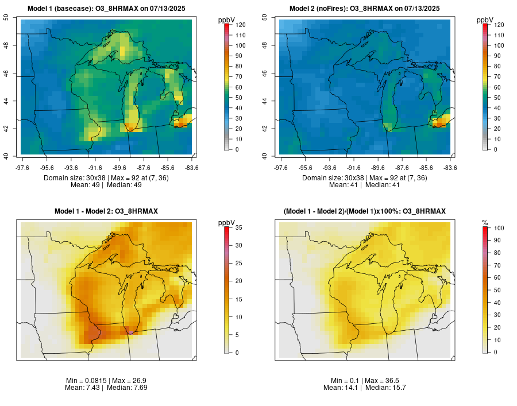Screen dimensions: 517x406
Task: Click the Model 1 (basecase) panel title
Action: pyautogui.click(x=106, y=9)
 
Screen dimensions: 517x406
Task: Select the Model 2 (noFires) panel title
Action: pyautogui.click(x=364, y=9)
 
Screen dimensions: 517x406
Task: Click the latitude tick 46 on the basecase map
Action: pyautogui.click(x=6, y=73)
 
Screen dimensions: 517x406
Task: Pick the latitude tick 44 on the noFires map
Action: pyautogui.click(x=265, y=100)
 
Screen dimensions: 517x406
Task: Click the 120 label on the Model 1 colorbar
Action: pyautogui.click(x=240, y=25)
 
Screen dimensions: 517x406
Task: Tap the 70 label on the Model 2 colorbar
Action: pyautogui.click(x=497, y=76)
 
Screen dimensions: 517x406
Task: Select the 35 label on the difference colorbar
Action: pyautogui.click(x=239, y=227)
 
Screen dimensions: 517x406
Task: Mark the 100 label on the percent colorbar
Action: pyautogui.click(x=499, y=228)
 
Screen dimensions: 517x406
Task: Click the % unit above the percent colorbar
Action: pyautogui.click(x=485, y=223)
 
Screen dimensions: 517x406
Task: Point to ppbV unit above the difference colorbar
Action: pyautogui.click(x=226, y=223)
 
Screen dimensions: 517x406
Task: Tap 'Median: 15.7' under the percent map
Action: pyautogui.click(x=385, y=388)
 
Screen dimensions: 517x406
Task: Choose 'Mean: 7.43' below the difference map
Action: pyautogui.click(x=82, y=388)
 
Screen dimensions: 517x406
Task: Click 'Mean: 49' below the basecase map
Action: pyautogui.click(x=85, y=185)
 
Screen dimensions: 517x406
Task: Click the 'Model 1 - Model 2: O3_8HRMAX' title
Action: pyautogui.click(x=106, y=211)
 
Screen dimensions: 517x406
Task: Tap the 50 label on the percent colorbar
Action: pyautogui.click(x=497, y=290)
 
